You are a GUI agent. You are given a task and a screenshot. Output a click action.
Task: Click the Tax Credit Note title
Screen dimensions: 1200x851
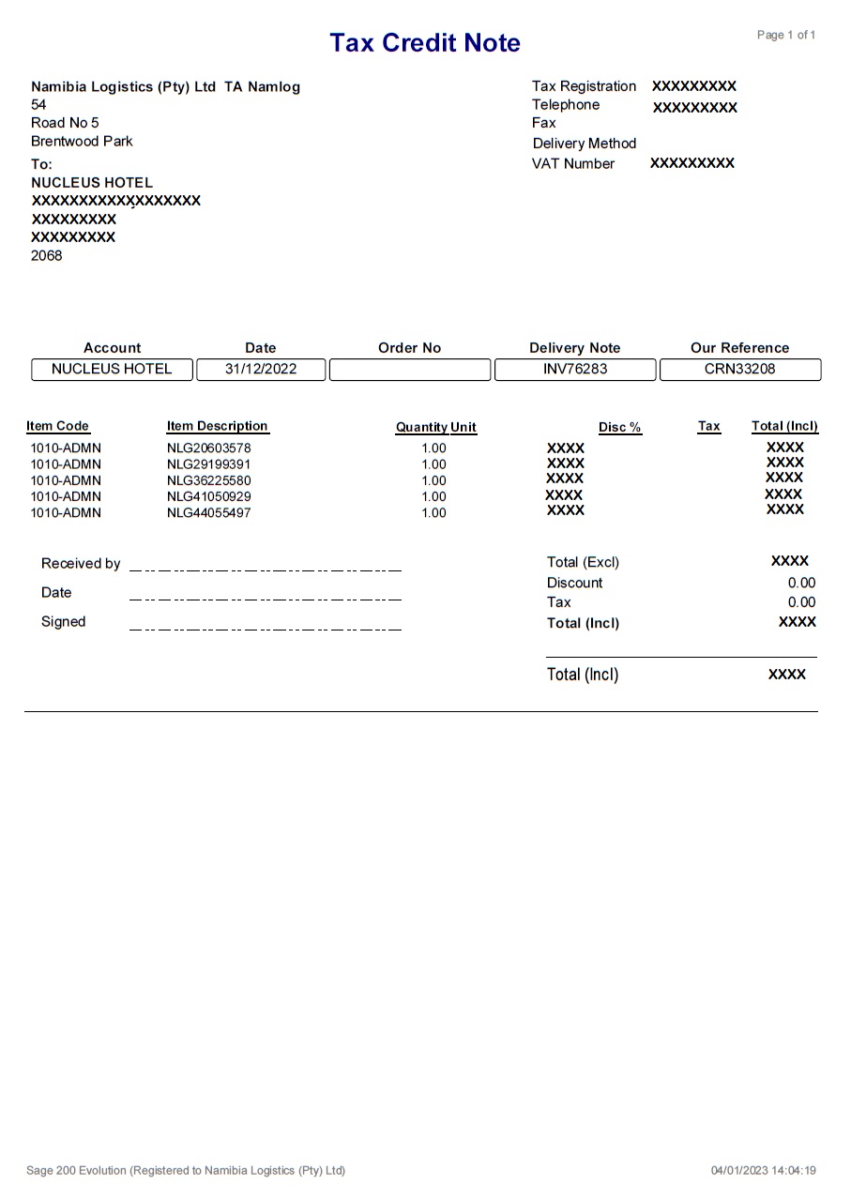pos(424,43)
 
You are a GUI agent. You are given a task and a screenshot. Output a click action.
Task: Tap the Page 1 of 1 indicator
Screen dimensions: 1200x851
pos(786,36)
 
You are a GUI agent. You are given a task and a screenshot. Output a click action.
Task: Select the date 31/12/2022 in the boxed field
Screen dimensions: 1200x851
pos(261,369)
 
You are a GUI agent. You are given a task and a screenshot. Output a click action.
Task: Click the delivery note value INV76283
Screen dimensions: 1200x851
pos(575,369)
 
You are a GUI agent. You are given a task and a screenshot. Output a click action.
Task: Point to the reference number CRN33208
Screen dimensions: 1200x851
pos(739,369)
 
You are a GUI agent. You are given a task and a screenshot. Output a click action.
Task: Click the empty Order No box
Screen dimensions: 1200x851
pos(409,370)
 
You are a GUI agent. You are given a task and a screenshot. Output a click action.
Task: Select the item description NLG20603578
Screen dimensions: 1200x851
pos(209,448)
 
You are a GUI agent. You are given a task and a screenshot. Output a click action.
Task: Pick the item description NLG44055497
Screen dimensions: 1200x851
pos(209,513)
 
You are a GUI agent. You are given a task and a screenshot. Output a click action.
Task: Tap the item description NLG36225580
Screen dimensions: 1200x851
pos(209,481)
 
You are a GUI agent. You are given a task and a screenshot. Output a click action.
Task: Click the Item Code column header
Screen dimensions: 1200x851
pos(57,426)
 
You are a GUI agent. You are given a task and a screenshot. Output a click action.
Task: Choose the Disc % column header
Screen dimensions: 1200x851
pos(619,428)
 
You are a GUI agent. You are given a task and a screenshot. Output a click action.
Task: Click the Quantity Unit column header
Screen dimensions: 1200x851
pos(435,428)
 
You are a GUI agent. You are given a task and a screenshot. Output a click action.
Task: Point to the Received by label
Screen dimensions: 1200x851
pos(81,564)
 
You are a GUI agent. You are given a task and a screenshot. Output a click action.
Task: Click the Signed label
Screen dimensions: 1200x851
pos(63,622)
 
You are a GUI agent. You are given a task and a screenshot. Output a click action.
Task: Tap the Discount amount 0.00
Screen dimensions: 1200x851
pos(801,583)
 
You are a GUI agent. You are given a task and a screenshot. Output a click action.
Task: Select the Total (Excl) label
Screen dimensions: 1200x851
pos(583,563)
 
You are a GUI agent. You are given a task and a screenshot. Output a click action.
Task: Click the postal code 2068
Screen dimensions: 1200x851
pos(47,255)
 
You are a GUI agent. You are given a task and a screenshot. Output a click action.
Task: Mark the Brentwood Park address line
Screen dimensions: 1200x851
pos(82,142)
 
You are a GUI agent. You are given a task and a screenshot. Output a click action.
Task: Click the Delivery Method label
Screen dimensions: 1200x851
pos(584,144)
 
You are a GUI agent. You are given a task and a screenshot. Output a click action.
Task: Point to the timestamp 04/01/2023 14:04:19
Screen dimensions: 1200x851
pos(763,1171)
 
